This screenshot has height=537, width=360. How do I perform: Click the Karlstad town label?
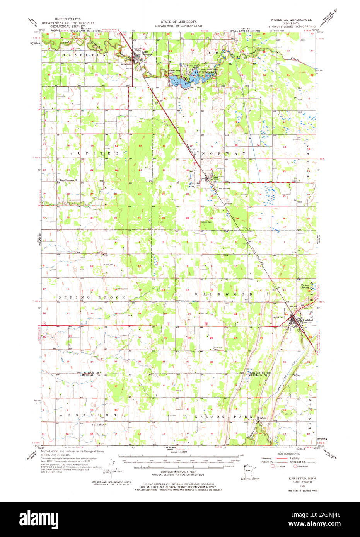[x=308, y=320]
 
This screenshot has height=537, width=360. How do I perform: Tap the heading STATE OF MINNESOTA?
[x=179, y=22]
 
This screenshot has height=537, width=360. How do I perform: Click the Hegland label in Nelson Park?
[x=263, y=418]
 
